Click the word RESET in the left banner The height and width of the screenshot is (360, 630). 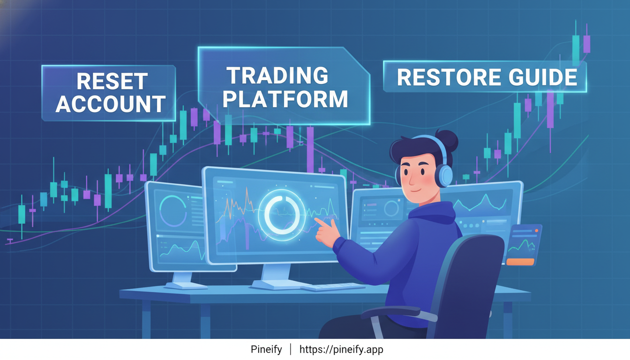pos(112,82)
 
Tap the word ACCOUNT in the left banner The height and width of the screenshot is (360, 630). pos(111,104)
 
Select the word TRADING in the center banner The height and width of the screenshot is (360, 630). pos(277,76)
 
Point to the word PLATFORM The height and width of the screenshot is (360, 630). pos(285,98)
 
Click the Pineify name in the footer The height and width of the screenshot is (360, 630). pos(266,350)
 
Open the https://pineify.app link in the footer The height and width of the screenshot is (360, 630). pos(341,350)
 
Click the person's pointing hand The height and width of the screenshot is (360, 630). pos(326,230)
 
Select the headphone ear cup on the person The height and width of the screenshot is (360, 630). pos(443,175)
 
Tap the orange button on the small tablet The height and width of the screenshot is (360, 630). pos(520,262)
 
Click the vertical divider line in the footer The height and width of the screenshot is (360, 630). pos(291,350)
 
